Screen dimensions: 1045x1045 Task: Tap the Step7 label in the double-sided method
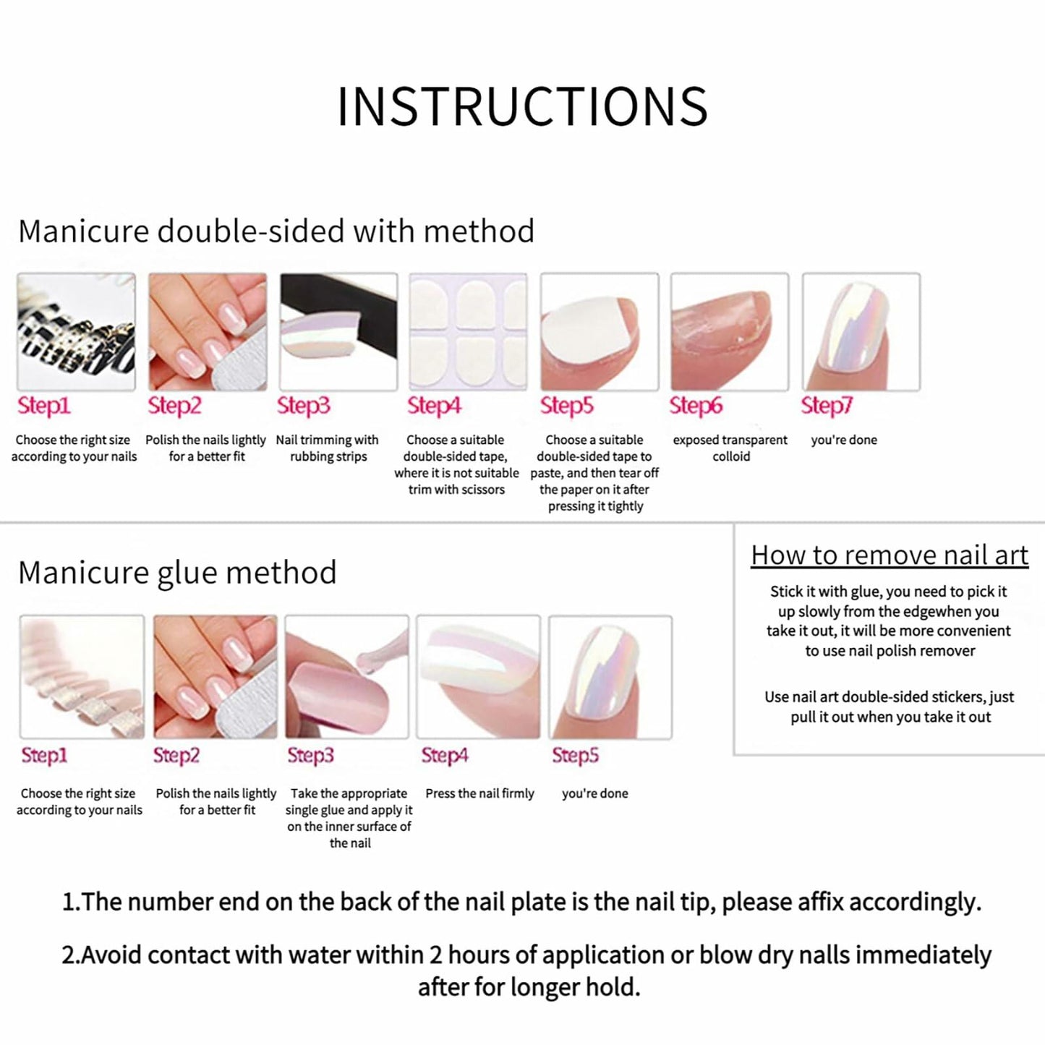(x=827, y=406)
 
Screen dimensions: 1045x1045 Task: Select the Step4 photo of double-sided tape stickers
(x=468, y=332)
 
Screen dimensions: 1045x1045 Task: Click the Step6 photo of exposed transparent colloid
(x=730, y=332)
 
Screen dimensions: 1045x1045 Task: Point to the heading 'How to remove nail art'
(x=890, y=555)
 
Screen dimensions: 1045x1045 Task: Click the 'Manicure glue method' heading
(x=177, y=573)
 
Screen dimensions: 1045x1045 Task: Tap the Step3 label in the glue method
(x=310, y=756)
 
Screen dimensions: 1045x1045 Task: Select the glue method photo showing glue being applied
(x=346, y=677)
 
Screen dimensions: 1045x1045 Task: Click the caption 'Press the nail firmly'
(x=479, y=793)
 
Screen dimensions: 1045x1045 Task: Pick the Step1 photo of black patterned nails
(x=76, y=332)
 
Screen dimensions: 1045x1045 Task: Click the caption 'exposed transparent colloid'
(x=730, y=448)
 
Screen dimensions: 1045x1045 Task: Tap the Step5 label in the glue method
(x=575, y=756)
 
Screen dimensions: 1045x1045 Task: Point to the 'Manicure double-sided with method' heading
(x=276, y=231)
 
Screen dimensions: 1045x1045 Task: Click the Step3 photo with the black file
(x=338, y=332)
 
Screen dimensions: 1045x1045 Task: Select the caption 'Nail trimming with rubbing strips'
(x=327, y=448)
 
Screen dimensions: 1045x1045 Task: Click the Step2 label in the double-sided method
(x=174, y=406)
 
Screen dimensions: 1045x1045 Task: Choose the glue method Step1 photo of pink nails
(x=82, y=677)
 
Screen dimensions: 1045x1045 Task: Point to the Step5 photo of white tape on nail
(x=600, y=332)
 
